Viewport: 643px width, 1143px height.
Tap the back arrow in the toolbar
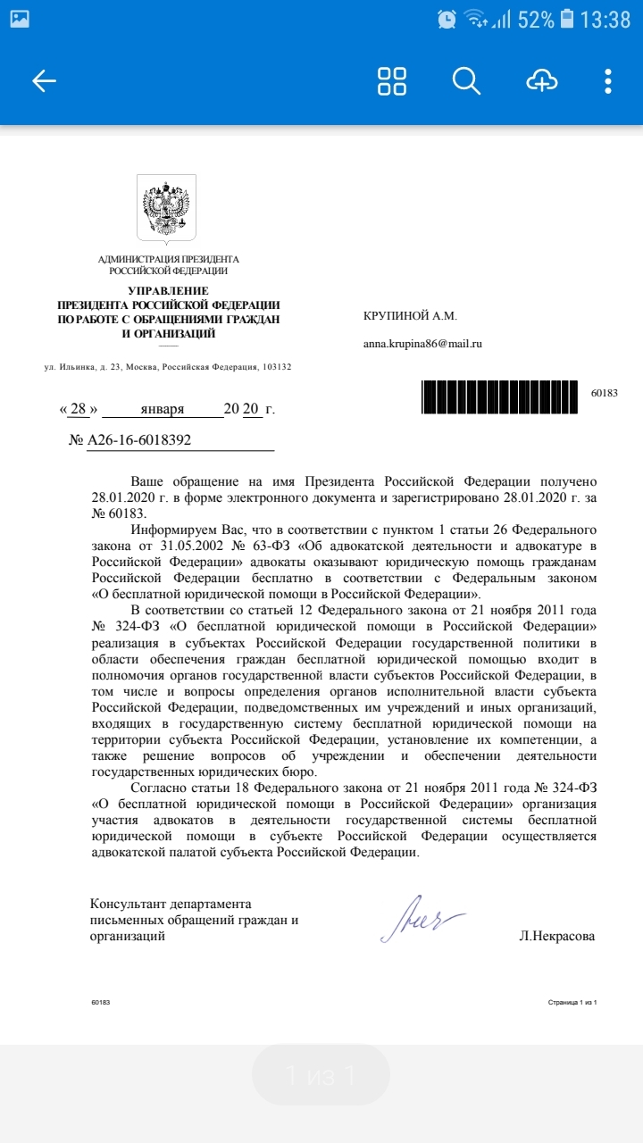[44, 81]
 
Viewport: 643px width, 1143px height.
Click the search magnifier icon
[466, 80]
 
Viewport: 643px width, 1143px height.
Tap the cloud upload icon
[541, 80]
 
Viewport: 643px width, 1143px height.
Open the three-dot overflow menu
[608, 80]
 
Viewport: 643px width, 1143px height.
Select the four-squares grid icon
[392, 80]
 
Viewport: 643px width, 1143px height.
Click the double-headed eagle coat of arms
[166, 209]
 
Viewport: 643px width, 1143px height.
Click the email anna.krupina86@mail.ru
[422, 343]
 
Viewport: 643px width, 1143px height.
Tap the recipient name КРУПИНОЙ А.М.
[410, 316]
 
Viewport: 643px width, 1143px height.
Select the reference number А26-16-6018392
[138, 441]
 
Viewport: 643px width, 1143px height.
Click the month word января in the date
[162, 409]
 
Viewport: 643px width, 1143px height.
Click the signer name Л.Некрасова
[556, 937]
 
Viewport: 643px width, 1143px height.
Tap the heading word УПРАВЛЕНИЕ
[168, 291]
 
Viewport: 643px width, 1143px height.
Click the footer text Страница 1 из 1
[572, 1003]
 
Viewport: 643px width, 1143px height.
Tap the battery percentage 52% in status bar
[536, 20]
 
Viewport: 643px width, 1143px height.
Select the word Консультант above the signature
[130, 904]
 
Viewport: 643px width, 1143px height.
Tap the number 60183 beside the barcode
[605, 393]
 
